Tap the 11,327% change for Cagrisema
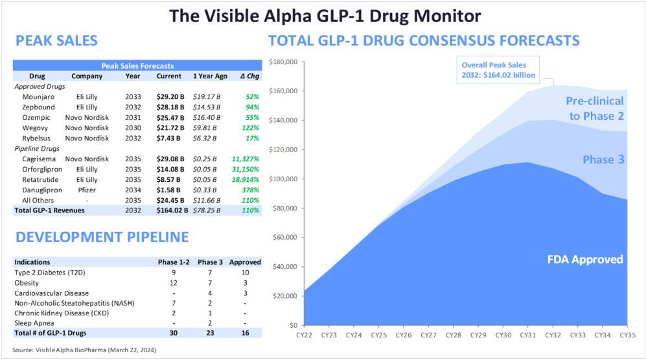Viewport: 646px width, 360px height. (245, 159)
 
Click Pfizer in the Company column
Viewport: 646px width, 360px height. (87, 190)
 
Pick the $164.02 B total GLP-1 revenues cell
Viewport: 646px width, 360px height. (171, 210)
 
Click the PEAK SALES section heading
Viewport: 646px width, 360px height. (56, 41)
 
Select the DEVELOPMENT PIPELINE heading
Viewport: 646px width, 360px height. (102, 237)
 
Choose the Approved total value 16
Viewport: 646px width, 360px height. (245, 333)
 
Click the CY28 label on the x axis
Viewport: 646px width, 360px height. (453, 335)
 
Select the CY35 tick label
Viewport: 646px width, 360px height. (627, 335)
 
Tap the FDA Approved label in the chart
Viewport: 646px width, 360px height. (584, 260)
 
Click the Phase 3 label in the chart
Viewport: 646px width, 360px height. (603, 159)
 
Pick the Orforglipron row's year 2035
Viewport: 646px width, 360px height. (132, 169)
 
